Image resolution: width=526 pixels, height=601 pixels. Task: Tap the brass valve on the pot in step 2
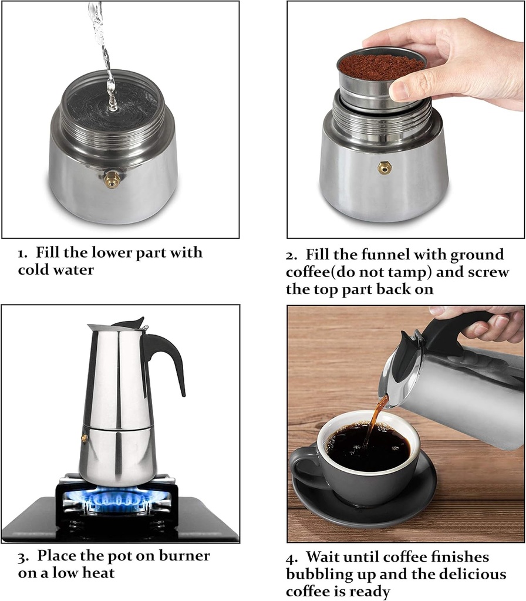tap(384, 168)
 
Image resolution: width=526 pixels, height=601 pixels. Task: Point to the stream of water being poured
tap(105, 53)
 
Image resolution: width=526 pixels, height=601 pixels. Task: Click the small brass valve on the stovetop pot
tap(84, 438)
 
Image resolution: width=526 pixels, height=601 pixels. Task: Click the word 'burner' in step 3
tap(179, 555)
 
